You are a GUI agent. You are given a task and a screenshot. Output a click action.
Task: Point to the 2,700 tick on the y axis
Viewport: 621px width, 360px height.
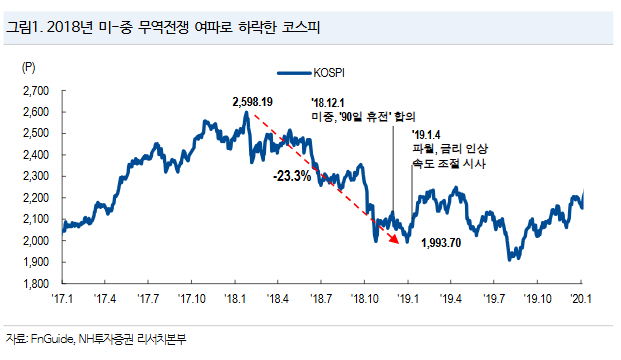point(36,91)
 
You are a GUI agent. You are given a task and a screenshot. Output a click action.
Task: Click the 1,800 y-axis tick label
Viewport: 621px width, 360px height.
point(36,284)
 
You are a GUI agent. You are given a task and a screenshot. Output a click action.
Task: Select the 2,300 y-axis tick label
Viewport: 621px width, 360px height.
point(36,177)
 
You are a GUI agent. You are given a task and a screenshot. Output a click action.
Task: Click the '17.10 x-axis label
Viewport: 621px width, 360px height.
point(191,298)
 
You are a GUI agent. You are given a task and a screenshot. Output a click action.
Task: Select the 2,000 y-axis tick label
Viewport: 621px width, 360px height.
point(36,241)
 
